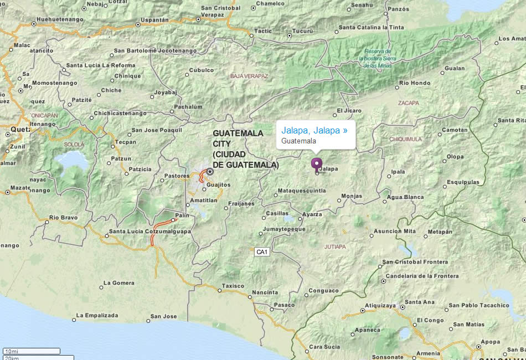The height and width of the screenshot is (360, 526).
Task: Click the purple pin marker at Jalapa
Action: [316, 164]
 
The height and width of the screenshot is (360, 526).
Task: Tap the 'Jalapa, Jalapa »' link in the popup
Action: [314, 130]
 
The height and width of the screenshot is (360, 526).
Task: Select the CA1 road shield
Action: [262, 252]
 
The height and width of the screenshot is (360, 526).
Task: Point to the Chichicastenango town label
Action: [120, 114]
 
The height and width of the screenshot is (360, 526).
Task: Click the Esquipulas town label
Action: [463, 182]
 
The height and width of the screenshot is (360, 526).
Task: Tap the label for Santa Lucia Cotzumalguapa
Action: [149, 232]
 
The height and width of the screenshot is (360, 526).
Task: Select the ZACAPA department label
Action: [409, 103]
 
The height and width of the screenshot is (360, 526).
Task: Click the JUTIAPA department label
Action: [334, 246]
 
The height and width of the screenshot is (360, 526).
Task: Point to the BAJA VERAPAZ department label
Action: [249, 76]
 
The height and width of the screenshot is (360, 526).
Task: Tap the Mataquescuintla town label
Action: [302, 191]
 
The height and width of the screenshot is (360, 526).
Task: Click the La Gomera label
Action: [120, 283]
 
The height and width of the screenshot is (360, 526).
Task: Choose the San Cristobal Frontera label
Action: [415, 262]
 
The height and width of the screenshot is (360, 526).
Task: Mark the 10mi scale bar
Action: [32, 351]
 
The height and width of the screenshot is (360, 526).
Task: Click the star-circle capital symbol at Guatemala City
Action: [210, 172]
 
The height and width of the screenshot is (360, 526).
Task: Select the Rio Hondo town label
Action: [415, 83]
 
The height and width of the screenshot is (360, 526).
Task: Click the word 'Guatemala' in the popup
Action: [298, 141]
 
